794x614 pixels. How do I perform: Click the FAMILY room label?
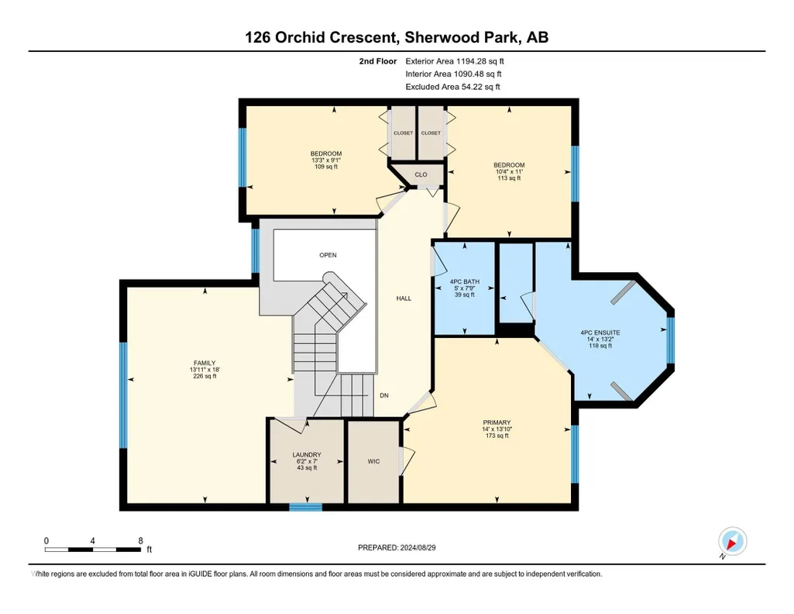(205, 363)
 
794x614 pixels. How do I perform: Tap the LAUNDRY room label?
(307, 455)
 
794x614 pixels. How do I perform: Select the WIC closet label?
(373, 461)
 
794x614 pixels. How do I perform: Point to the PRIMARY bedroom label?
(497, 423)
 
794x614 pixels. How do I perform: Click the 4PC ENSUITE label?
(600, 333)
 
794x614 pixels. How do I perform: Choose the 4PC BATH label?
(464, 281)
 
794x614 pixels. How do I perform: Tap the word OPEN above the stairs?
(328, 255)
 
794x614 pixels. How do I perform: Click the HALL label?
(404, 298)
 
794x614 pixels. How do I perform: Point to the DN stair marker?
(384, 395)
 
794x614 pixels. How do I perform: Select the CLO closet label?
(421, 174)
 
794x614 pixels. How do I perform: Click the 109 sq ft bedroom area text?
(326, 167)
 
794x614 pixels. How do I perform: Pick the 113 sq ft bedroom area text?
(509, 178)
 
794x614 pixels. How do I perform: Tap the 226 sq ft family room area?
(205, 376)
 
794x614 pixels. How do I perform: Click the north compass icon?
(732, 542)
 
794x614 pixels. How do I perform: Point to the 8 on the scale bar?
(141, 540)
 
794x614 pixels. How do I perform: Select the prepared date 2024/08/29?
(418, 547)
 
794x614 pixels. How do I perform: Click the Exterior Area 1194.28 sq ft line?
(455, 61)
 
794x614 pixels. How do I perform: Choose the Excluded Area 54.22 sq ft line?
(452, 87)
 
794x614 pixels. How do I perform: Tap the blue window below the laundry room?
(306, 507)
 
